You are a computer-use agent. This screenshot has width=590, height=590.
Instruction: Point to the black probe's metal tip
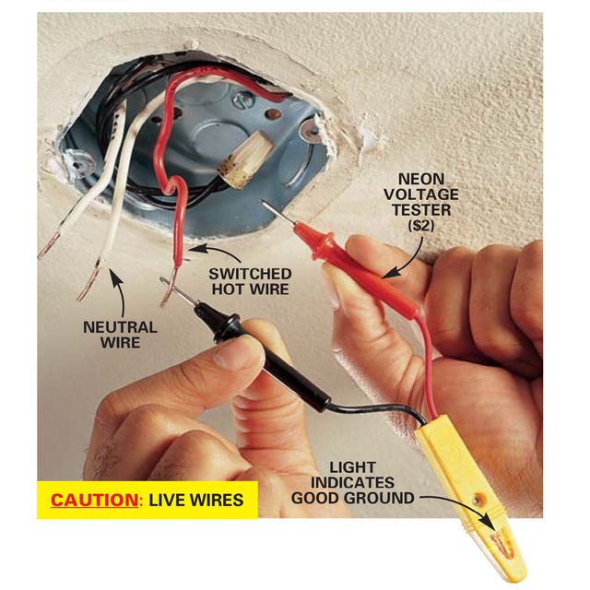[178, 290]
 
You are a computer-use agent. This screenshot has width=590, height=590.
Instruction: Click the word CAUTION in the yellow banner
[94, 500]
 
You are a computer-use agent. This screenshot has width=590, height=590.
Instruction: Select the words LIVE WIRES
[196, 500]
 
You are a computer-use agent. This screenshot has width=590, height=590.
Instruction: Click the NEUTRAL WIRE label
[120, 335]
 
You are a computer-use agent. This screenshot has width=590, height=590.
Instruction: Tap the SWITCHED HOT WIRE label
[250, 281]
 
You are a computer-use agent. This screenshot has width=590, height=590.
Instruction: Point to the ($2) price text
[421, 225]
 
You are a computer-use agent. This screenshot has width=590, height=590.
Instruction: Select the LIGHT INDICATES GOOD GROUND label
[353, 482]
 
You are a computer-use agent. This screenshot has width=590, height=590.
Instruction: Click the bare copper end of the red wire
[168, 288]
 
